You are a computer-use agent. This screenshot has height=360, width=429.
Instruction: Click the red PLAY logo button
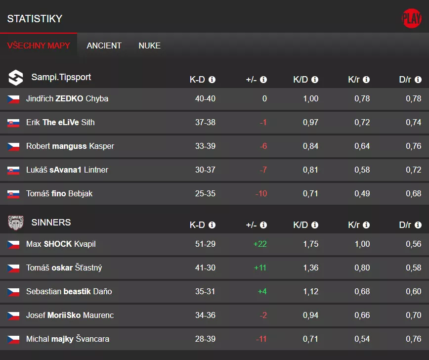pos(411,19)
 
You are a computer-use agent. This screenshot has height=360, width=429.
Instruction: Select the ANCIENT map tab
pos(104,45)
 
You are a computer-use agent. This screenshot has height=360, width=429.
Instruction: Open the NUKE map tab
pos(149,45)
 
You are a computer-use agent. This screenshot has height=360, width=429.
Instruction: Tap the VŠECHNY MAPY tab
pos(39,45)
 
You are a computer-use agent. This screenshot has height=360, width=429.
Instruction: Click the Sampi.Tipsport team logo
pos(16,78)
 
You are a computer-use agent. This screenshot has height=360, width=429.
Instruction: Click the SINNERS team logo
pos(16,223)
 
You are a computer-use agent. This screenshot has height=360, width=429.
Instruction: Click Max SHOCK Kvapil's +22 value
pos(260,244)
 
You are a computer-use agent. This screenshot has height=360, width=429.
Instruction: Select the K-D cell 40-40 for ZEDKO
pos(205,99)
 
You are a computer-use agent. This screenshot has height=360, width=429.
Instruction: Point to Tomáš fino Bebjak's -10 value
pos(261,194)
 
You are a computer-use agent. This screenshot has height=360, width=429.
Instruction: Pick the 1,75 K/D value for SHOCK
pos(310,244)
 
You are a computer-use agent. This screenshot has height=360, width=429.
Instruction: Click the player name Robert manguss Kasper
pos(70,146)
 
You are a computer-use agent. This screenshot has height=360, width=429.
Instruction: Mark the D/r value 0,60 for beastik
pos(413,292)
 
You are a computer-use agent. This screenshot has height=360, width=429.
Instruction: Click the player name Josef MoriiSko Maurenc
pos(70,315)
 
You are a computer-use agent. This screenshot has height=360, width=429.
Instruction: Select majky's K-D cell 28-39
pos(205,339)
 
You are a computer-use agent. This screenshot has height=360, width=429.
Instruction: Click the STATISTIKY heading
pos(35,19)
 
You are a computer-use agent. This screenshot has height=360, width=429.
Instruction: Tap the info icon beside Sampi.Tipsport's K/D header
pos(315,80)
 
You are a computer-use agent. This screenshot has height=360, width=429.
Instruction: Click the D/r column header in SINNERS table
pos(405,225)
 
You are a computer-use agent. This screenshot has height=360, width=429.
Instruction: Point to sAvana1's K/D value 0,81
pos(310,170)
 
